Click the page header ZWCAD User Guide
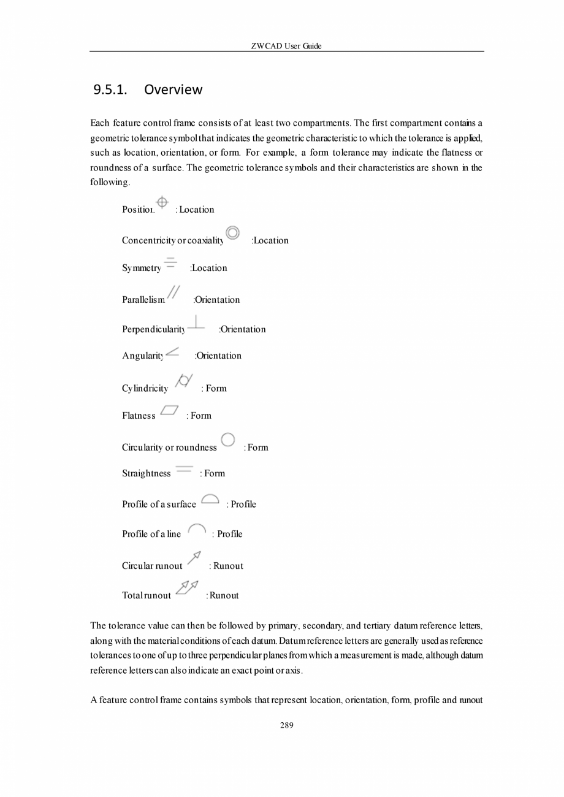[286, 46]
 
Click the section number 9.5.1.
[110, 90]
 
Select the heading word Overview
[173, 90]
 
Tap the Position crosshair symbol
[162, 202]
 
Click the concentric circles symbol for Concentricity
[232, 233]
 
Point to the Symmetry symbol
[170, 263]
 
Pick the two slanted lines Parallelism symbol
[173, 292]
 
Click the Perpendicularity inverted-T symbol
[196, 322]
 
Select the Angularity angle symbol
[172, 352]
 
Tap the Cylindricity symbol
[184, 380]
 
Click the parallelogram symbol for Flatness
[169, 410]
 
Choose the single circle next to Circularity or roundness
[227, 440]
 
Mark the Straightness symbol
[184, 469]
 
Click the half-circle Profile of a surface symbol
[210, 499]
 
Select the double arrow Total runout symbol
[187, 587]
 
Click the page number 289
[286, 725]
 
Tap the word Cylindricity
[145, 389]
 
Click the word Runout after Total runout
[224, 595]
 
